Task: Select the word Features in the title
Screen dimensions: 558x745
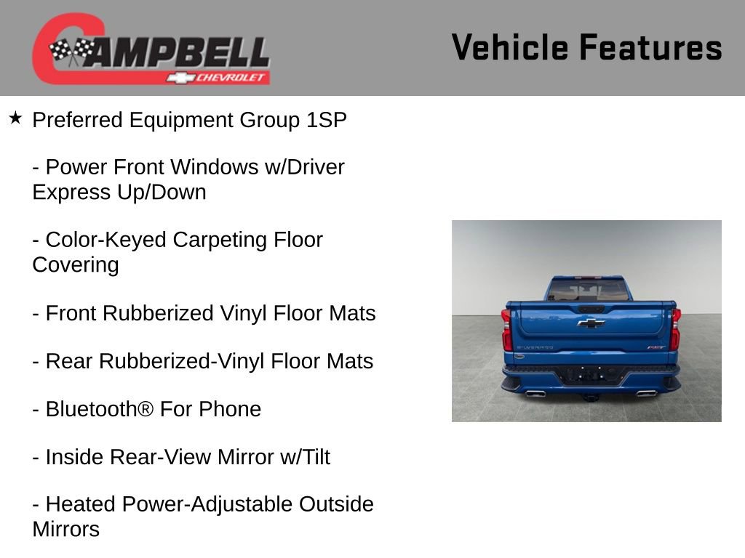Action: (x=650, y=47)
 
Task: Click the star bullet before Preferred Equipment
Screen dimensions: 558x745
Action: (x=15, y=118)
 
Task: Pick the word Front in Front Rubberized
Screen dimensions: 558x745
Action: (x=71, y=313)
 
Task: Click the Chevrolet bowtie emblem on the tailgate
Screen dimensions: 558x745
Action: (x=591, y=323)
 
